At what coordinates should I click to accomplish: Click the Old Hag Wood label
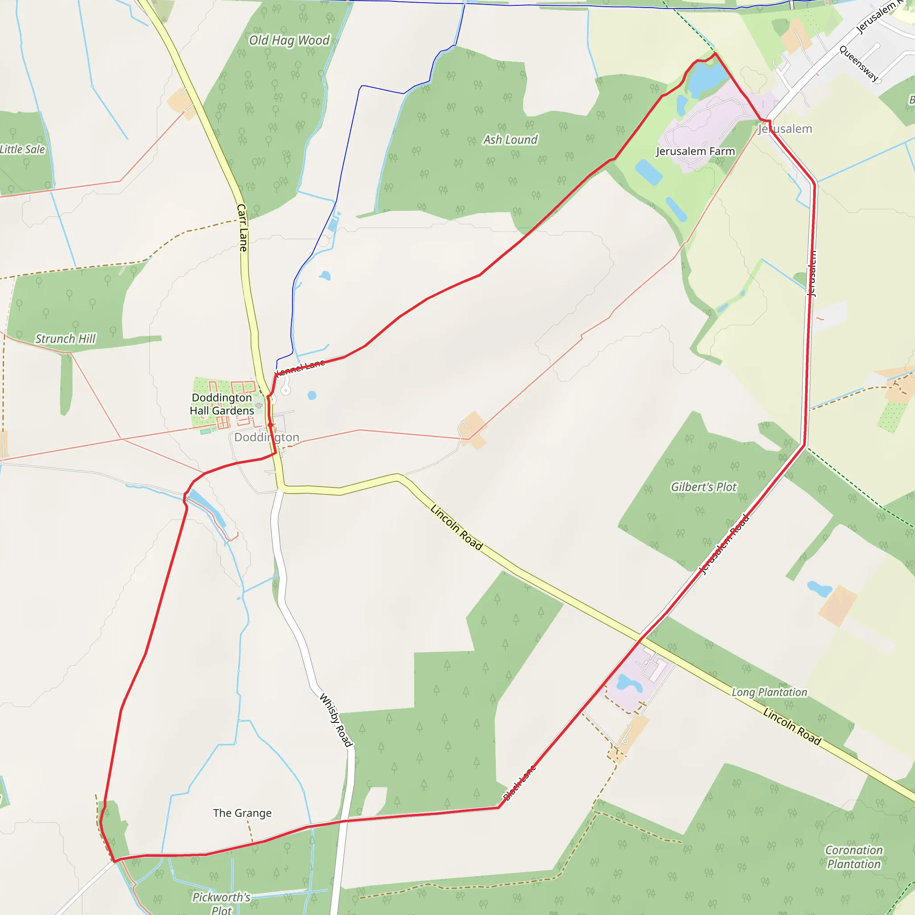point(289,40)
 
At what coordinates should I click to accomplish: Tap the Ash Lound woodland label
point(510,140)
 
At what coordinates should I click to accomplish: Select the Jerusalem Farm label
point(695,151)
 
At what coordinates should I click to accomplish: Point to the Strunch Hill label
point(65,339)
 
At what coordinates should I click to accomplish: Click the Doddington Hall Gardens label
point(222,404)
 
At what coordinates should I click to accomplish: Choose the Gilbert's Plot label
point(704,487)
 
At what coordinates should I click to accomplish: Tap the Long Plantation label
point(769,693)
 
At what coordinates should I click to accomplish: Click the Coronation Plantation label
point(854,857)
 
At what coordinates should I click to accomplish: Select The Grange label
point(242,813)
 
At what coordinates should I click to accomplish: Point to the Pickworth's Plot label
point(221,902)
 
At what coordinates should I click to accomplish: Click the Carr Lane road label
point(242,227)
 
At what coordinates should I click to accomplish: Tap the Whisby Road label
point(336,720)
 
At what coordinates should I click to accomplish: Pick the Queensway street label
point(859,63)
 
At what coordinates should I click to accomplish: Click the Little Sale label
point(22,149)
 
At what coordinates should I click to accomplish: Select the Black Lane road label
point(519,782)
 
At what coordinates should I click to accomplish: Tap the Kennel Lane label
point(300,367)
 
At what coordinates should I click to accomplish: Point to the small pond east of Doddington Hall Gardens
point(312,395)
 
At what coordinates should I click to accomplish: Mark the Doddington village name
point(267,437)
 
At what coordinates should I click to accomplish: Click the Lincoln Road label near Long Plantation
point(792,726)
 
